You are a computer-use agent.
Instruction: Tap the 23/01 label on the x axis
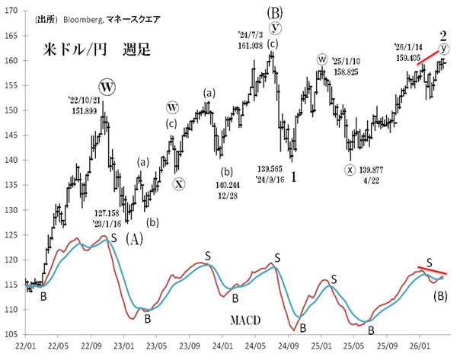click(124, 345)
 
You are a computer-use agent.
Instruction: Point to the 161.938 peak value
click(255, 46)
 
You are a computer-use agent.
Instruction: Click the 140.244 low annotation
click(225, 184)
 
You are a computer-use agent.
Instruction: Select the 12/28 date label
click(225, 195)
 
